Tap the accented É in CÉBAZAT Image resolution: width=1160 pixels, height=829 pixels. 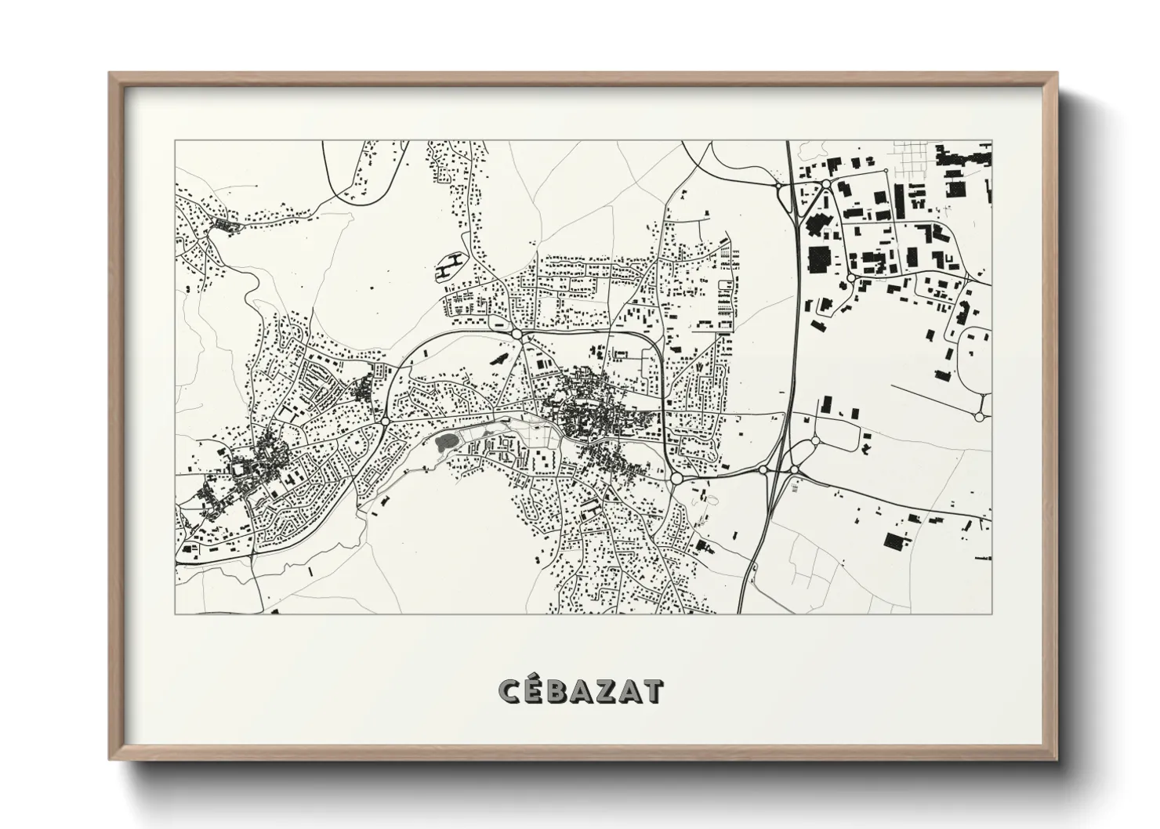coord(538,690)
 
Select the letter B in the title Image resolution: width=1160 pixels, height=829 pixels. coord(563,692)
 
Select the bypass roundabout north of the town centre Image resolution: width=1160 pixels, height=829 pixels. coord(517,335)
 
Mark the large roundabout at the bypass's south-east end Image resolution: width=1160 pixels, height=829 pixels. coord(676,477)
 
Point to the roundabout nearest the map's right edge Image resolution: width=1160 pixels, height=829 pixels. coord(980,416)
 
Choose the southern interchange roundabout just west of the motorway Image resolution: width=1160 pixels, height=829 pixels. coord(763,469)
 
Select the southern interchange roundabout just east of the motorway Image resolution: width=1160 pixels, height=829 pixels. coord(794,469)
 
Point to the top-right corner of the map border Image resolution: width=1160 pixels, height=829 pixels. coord(991,142)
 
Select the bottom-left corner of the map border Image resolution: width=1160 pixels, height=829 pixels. coord(176,614)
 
